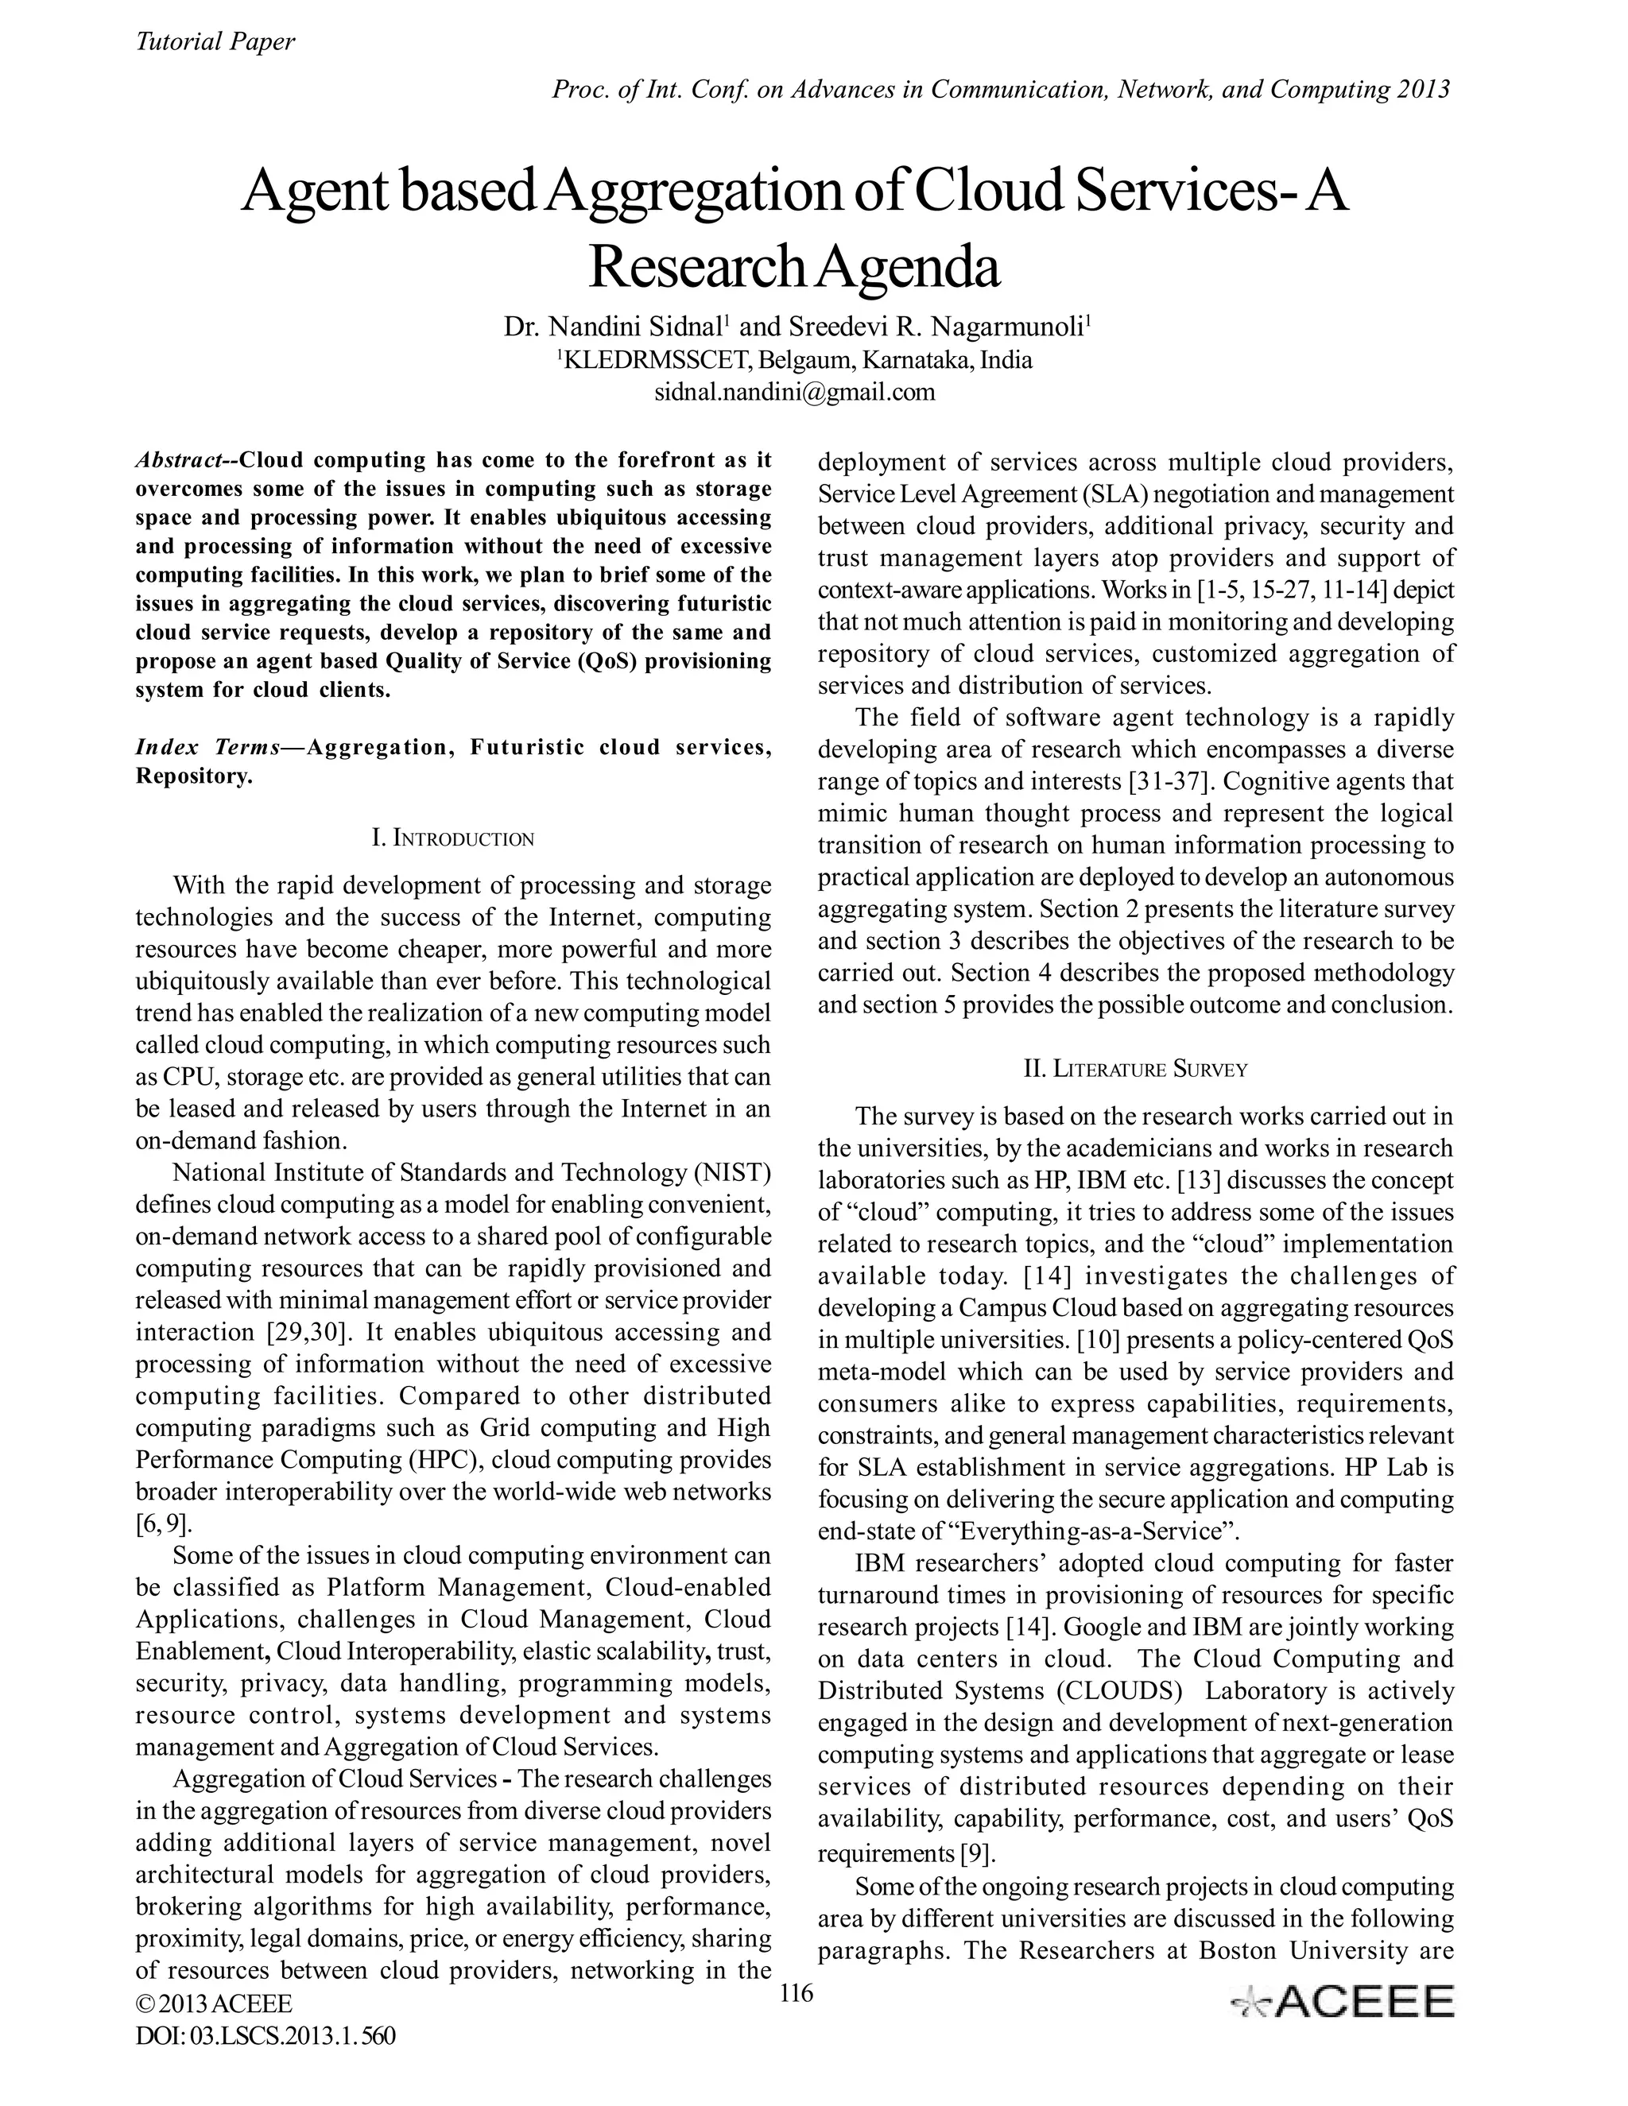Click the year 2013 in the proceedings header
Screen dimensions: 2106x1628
pyautogui.click(x=1421, y=90)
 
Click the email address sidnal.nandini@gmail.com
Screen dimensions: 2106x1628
pyautogui.click(x=795, y=393)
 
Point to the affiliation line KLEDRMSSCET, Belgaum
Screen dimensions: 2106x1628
pyautogui.click(x=797, y=361)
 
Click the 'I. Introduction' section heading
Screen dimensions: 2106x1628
pyautogui.click(x=452, y=838)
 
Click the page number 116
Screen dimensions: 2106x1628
pyautogui.click(x=796, y=1993)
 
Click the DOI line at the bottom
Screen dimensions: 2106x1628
pyautogui.click(x=266, y=2035)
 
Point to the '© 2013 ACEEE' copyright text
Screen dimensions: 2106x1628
pyautogui.click(x=214, y=2003)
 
